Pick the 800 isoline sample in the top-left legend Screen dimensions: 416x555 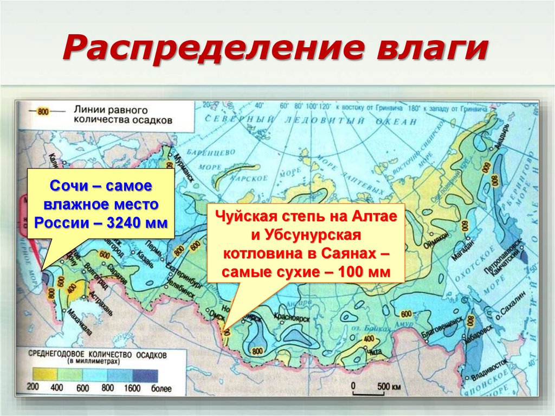43,112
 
